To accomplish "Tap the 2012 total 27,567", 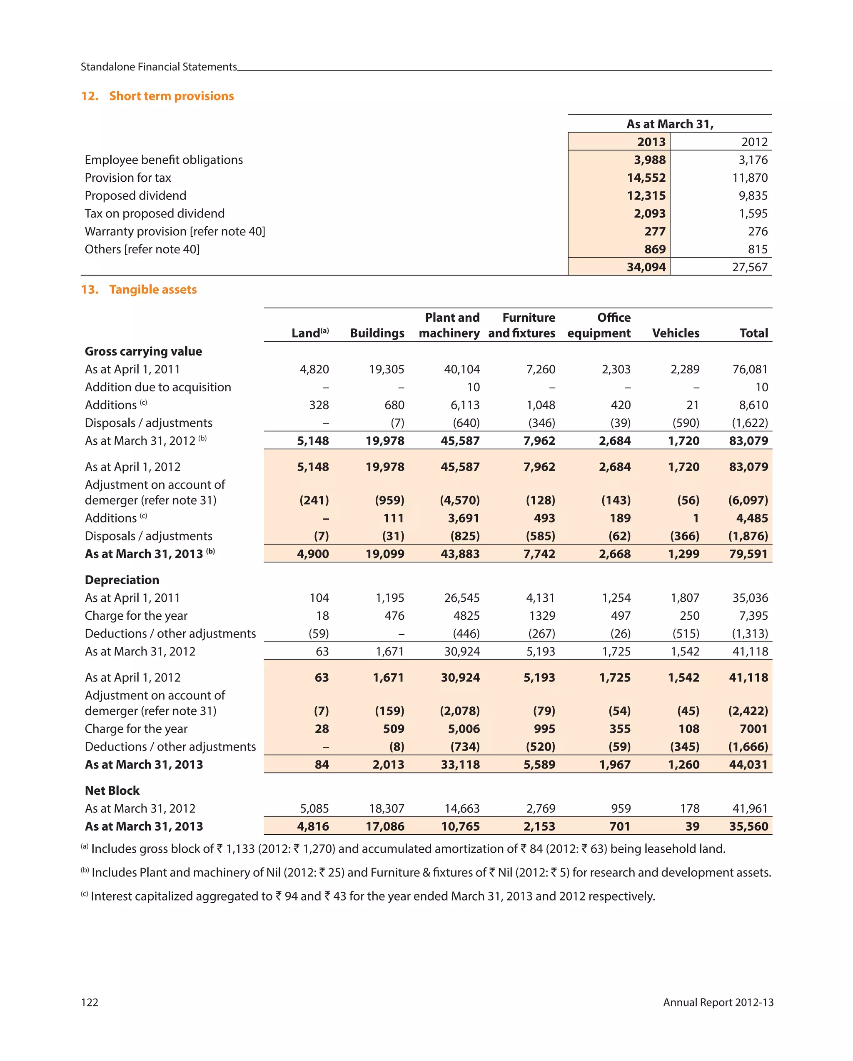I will click(749, 267).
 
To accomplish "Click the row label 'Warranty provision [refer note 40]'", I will click(175, 231).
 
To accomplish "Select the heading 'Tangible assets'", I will click(152, 289).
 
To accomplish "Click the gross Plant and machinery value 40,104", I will click(461, 369).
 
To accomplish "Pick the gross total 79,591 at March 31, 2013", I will click(748, 554).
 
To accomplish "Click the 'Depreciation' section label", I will click(122, 580).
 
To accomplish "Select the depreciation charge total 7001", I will click(753, 729).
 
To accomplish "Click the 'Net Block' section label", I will click(112, 791).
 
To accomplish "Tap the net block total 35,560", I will click(748, 826).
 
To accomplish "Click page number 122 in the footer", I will click(90, 1002).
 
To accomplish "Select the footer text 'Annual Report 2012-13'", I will click(718, 1002).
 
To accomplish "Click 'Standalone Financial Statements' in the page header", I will click(158, 67).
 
